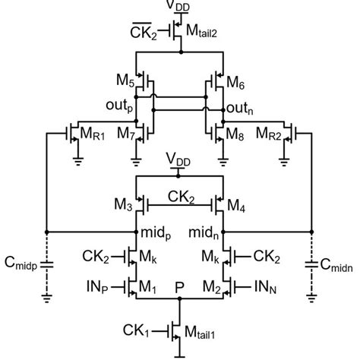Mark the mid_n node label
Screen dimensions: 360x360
[x=205, y=229]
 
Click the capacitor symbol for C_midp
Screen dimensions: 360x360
[x=47, y=265]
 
